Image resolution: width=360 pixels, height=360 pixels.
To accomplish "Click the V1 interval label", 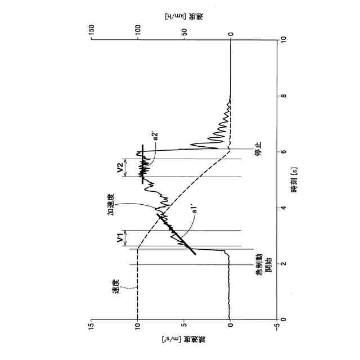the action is [120, 238].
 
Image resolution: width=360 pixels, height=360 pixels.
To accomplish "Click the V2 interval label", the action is [120, 168].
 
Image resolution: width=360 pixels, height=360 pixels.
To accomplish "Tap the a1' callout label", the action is [194, 210].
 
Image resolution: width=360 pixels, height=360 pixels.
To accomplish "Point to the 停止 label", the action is [259, 148].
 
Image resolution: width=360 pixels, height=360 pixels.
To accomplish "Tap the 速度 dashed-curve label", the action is [116, 286].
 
